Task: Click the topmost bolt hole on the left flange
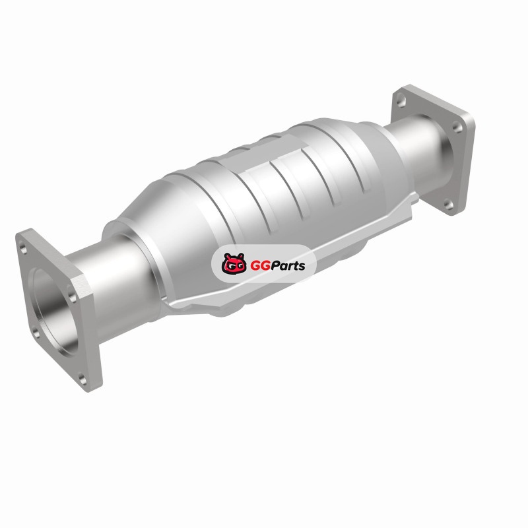pyautogui.click(x=23, y=249)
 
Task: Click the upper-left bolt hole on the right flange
pyautogui.click(x=401, y=100)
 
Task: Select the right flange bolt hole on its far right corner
pyautogui.click(x=456, y=127)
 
